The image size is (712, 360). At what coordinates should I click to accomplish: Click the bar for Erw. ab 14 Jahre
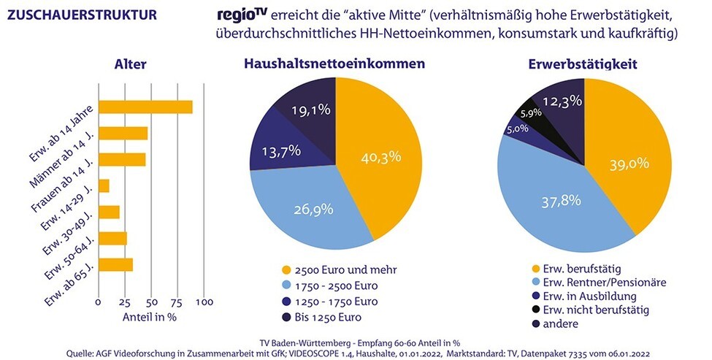(x=145, y=107)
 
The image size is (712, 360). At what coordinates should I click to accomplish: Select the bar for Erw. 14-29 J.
(x=104, y=186)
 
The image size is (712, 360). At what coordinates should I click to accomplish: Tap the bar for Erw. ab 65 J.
(x=115, y=264)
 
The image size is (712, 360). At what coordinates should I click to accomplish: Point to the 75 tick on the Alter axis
(x=177, y=301)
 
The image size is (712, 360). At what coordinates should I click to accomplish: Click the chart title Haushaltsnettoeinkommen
(x=334, y=64)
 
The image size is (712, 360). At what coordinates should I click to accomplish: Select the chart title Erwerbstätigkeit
(x=582, y=64)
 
